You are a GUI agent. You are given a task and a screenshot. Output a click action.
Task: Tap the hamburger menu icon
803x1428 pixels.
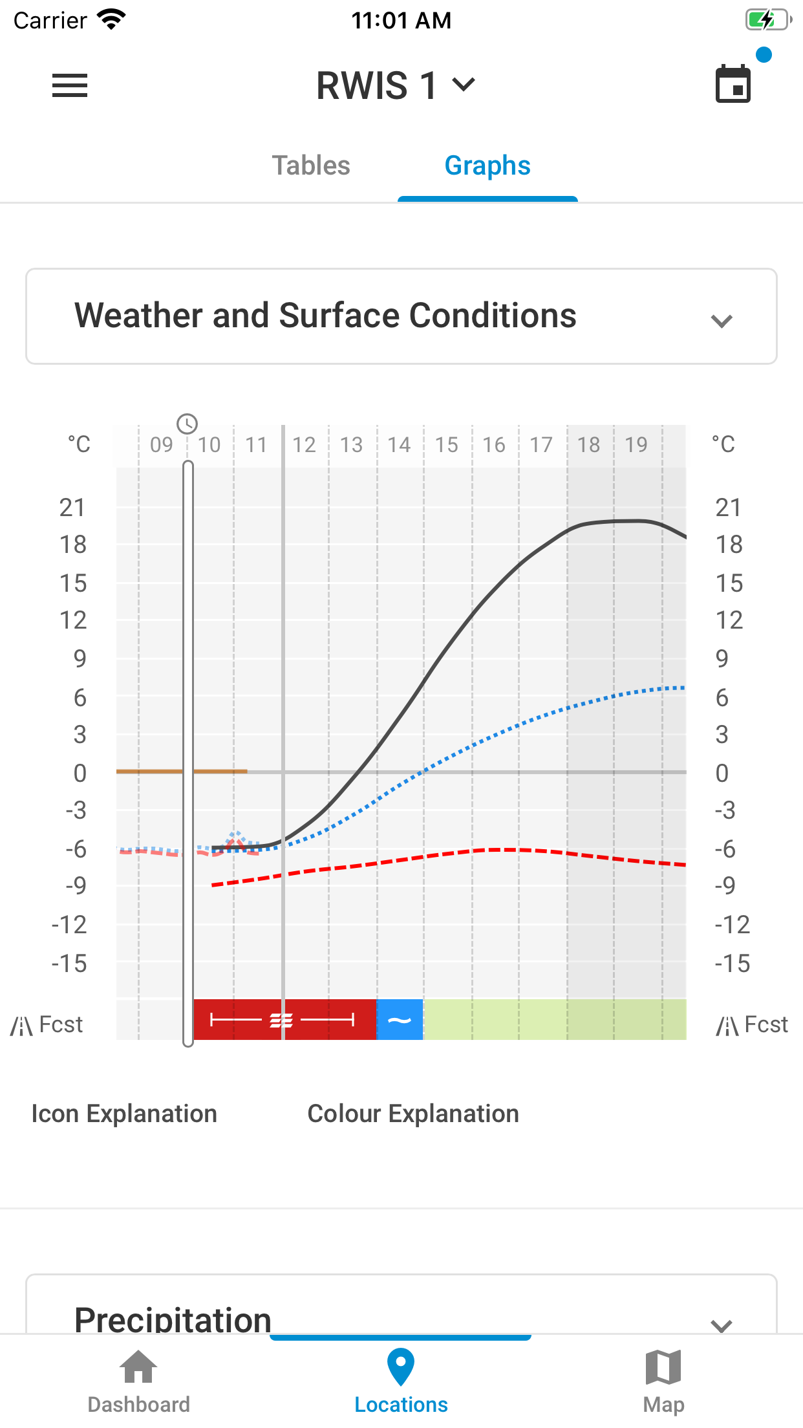click(70, 85)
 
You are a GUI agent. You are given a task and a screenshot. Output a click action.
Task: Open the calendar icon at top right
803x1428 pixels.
click(733, 85)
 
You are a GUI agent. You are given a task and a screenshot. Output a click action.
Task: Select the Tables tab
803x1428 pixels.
click(311, 166)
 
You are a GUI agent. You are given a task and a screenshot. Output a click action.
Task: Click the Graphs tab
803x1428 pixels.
click(487, 166)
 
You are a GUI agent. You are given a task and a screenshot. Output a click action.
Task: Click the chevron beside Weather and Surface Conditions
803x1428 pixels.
click(722, 319)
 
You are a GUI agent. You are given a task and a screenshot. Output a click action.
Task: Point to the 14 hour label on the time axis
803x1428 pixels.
click(399, 445)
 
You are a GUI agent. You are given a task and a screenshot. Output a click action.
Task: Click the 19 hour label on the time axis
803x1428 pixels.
click(636, 445)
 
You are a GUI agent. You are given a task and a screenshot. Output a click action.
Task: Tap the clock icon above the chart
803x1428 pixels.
click(187, 424)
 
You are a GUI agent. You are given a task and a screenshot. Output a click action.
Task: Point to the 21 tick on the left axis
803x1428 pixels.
click(72, 508)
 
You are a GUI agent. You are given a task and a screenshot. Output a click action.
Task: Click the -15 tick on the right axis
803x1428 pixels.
click(732, 964)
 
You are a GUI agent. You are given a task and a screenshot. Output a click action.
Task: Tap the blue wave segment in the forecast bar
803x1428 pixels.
click(400, 1020)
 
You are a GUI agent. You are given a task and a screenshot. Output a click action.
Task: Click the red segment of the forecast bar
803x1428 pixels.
click(284, 1020)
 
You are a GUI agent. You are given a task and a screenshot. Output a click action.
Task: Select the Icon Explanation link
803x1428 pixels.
click(124, 1114)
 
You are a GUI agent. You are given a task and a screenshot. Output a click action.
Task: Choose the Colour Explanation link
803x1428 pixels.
click(413, 1114)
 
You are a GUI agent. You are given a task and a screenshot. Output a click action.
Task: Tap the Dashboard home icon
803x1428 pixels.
click(138, 1367)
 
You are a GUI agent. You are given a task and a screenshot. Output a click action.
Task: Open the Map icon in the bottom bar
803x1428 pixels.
click(663, 1367)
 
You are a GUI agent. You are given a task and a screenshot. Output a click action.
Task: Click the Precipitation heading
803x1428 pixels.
click(173, 1319)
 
